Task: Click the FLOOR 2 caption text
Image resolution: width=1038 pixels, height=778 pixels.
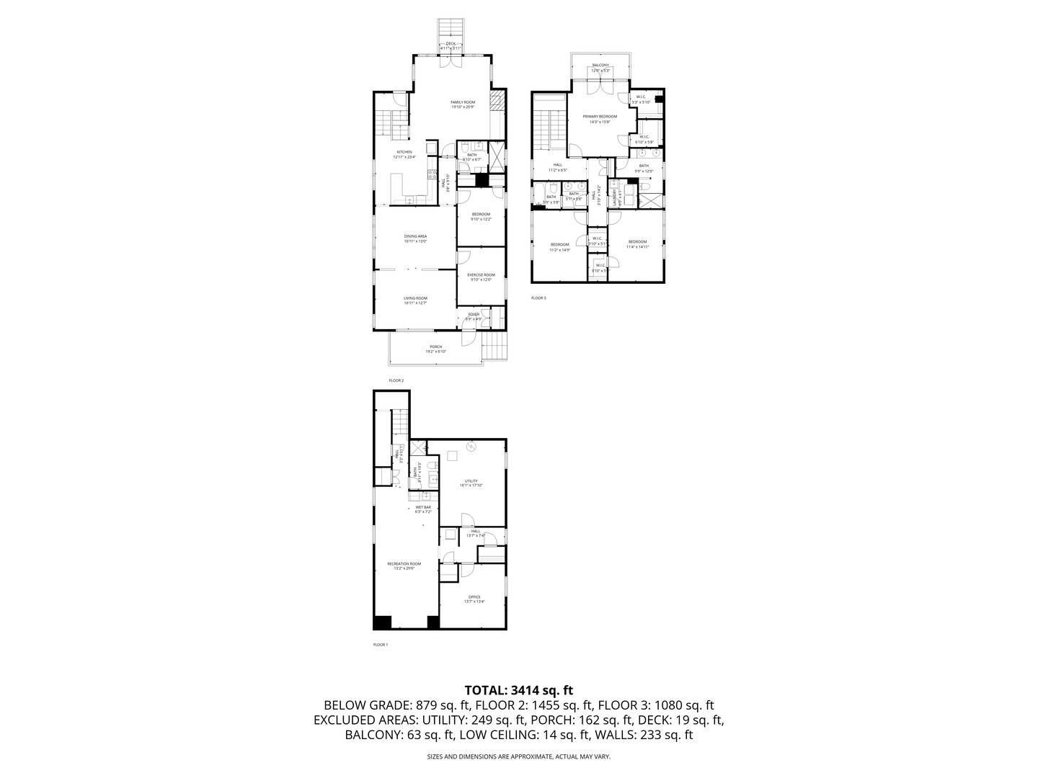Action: (396, 380)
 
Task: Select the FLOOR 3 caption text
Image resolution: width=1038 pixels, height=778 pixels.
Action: (538, 298)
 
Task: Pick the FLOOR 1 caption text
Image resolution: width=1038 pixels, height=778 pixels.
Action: (380, 645)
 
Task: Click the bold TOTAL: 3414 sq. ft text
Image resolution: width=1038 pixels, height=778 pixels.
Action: (518, 690)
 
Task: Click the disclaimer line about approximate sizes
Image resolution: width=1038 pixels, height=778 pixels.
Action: (518, 757)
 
